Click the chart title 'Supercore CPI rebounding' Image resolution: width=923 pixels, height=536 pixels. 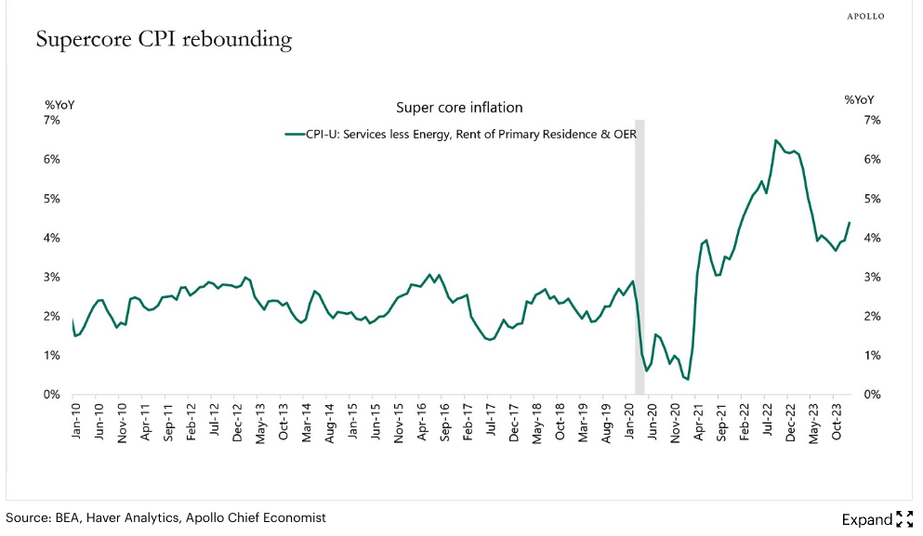164,40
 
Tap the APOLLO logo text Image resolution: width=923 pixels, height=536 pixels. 865,17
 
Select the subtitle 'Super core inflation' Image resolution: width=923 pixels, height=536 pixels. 459,108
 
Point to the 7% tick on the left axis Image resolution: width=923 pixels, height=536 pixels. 52,120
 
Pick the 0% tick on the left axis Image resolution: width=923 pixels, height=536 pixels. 52,395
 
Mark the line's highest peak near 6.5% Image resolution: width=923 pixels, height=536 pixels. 775,140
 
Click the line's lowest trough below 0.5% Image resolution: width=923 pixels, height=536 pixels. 687,379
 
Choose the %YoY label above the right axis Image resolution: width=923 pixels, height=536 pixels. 859,99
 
